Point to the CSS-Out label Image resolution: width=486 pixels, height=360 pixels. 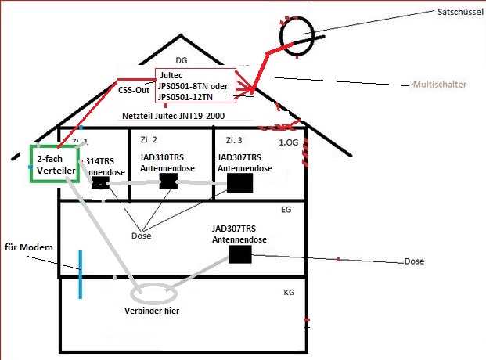pos(133,89)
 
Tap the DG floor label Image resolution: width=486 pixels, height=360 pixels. pos(182,60)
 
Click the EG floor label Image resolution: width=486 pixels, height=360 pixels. pos(286,210)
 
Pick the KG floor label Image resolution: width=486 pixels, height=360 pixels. pos(289,291)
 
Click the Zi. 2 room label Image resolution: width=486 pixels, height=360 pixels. pos(149,140)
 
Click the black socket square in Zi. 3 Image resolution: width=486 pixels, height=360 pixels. pos(240,183)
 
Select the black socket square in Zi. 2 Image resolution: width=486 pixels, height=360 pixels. pos(170,181)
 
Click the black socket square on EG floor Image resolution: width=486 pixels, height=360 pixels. pos(240,254)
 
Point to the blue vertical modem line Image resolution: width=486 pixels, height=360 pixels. pos(80,273)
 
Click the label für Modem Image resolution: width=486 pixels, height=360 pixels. pos(29,248)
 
